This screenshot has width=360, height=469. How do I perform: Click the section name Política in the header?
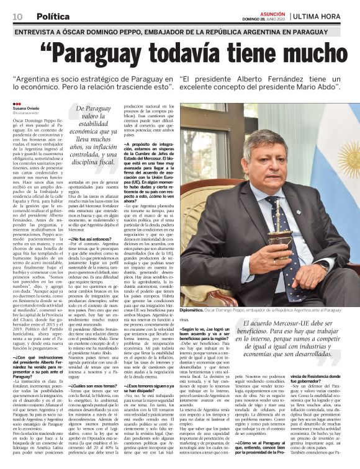52,16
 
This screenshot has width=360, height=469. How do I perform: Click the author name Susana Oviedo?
26,108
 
